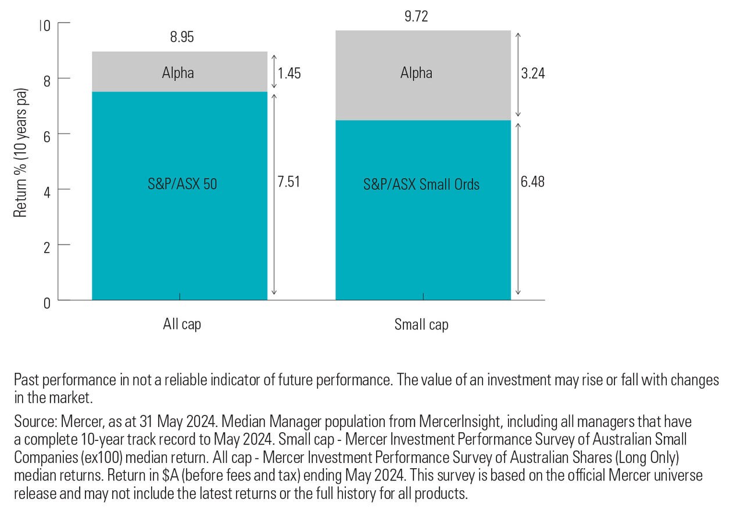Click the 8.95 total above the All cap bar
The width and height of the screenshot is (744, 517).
pos(182,38)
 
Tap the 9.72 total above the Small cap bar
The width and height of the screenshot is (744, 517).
pos(416,17)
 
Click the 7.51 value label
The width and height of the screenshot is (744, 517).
pos(288,182)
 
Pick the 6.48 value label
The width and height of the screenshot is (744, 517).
pos(532,182)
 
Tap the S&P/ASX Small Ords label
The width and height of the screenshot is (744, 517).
pos(421,185)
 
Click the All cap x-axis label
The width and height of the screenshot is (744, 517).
pos(182,324)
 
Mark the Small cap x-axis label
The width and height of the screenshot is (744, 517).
pos(421,324)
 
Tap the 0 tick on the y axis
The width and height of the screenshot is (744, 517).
pos(46,301)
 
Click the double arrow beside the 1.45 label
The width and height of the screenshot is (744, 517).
pos(274,72)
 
